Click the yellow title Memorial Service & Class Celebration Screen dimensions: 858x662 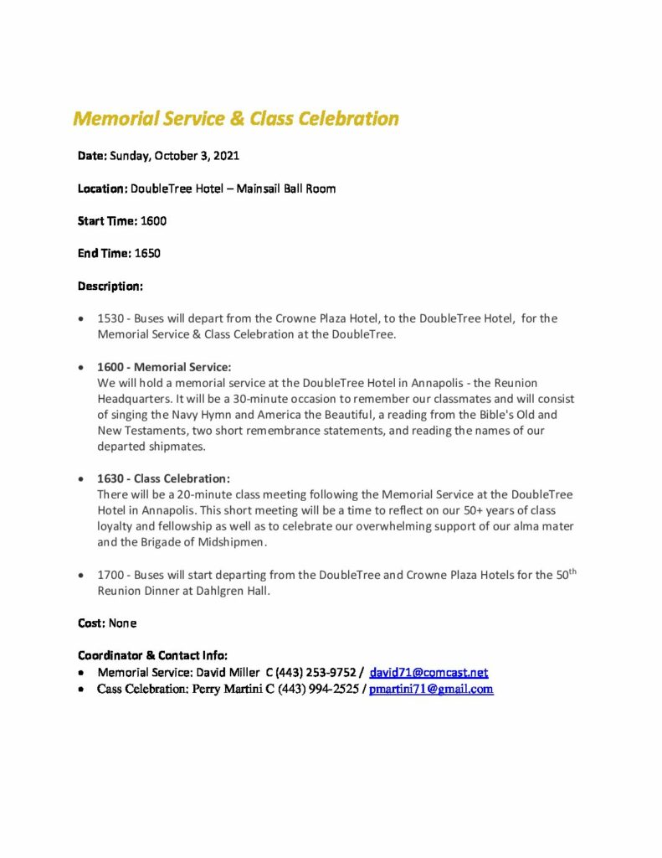[236, 118]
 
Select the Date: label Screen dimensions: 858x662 [92, 156]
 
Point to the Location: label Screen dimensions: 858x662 [103, 189]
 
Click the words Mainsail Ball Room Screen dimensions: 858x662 [286, 189]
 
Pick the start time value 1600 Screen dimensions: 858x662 [154, 221]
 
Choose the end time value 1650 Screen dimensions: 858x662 [147, 253]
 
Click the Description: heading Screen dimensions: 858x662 [110, 286]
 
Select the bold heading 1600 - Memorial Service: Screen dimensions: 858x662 [164, 367]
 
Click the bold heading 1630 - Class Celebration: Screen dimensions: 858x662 [163, 478]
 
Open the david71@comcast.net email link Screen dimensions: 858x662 [429, 673]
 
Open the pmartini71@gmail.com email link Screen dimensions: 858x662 [431, 690]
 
